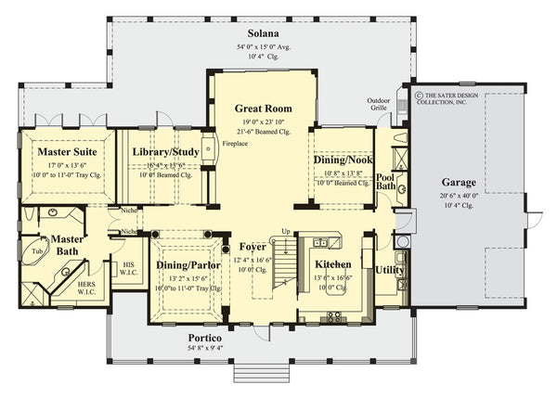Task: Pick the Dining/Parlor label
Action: [x=188, y=265]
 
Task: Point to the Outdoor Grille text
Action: [x=379, y=105]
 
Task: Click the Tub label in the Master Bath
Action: [x=37, y=250]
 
